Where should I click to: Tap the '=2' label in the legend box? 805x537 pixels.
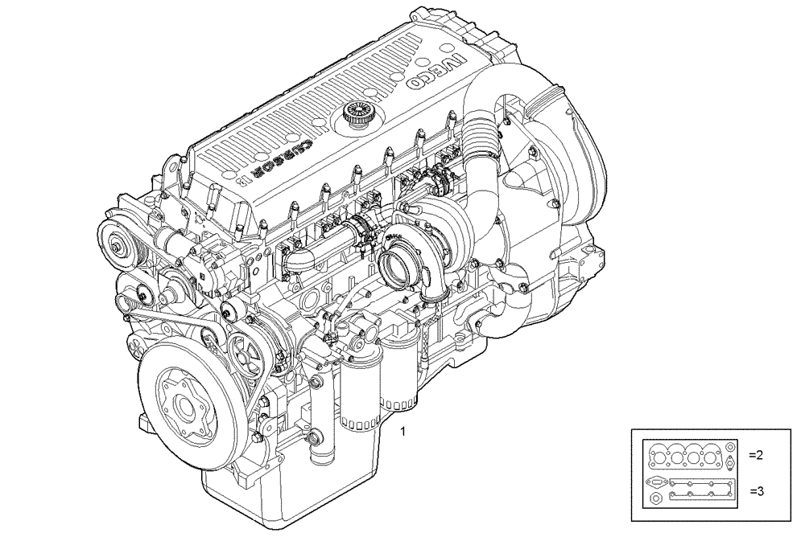(x=755, y=455)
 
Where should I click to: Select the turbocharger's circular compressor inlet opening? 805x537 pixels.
(x=396, y=269)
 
